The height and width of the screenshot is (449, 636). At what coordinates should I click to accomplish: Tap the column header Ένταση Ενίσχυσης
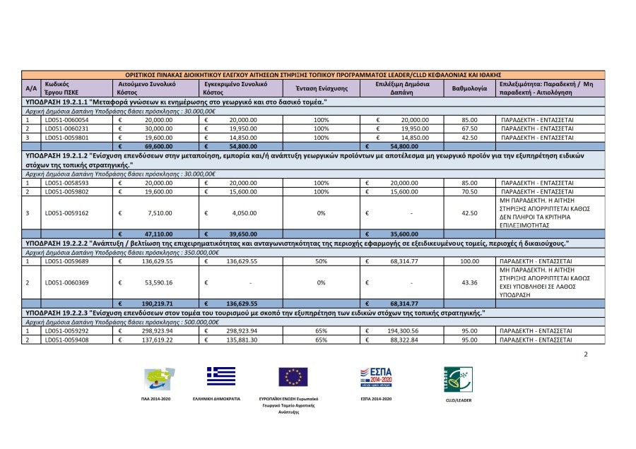pos(321,89)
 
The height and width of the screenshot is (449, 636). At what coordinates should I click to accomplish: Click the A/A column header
pos(31,89)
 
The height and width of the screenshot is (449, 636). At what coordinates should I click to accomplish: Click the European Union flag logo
pos(293,378)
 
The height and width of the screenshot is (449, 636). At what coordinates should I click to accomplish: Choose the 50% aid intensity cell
pos(321,261)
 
